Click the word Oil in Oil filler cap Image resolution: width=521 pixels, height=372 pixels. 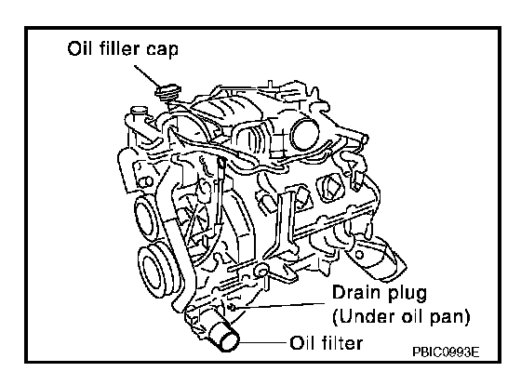click(x=79, y=48)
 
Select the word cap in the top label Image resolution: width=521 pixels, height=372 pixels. click(x=163, y=50)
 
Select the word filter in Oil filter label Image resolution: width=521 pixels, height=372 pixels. click(x=342, y=343)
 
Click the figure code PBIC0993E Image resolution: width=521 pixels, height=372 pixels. click(x=446, y=352)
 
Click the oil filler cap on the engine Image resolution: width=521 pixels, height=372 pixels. click(x=168, y=91)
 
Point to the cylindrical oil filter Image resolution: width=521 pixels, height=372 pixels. click(x=223, y=336)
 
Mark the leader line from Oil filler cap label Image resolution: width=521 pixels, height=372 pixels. click(x=148, y=75)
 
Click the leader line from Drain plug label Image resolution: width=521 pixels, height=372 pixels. click(x=279, y=306)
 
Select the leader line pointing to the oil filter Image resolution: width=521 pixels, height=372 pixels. click(x=263, y=342)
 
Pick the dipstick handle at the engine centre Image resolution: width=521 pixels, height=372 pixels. click(x=221, y=164)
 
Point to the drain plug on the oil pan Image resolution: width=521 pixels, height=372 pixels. click(x=232, y=308)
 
